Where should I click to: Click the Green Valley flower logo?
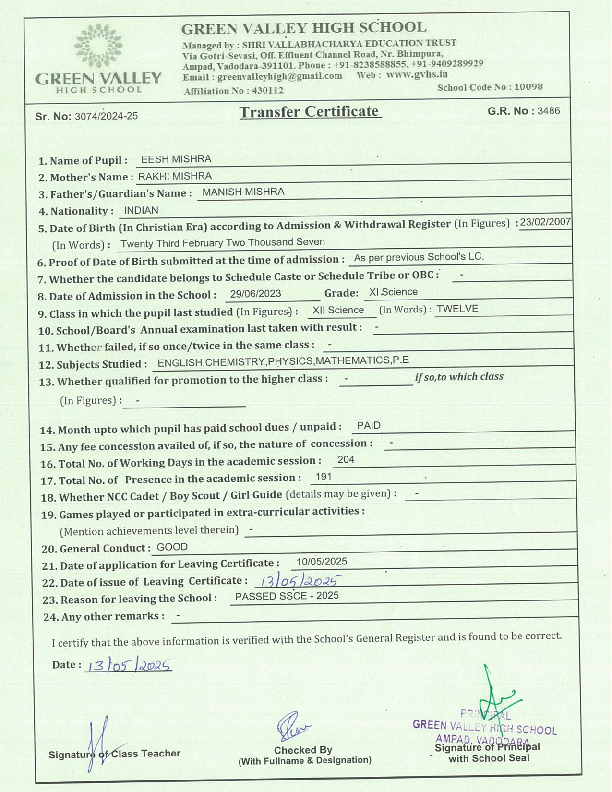click(98, 46)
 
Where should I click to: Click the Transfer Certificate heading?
click(310, 112)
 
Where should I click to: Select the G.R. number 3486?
click(549, 111)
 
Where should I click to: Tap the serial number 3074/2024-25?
click(106, 116)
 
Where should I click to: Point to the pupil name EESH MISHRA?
click(176, 159)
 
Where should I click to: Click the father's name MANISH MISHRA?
click(243, 192)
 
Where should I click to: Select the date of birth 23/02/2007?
click(545, 222)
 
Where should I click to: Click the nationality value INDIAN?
click(141, 210)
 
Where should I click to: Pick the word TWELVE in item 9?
click(457, 309)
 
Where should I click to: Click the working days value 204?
click(346, 460)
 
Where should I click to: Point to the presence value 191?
click(324, 477)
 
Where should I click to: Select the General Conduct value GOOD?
click(172, 547)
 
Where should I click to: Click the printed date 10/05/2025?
click(322, 562)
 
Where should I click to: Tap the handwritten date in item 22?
click(299, 581)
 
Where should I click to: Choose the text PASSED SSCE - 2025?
click(287, 596)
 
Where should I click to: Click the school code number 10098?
click(528, 87)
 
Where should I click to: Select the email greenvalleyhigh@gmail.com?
click(280, 76)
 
